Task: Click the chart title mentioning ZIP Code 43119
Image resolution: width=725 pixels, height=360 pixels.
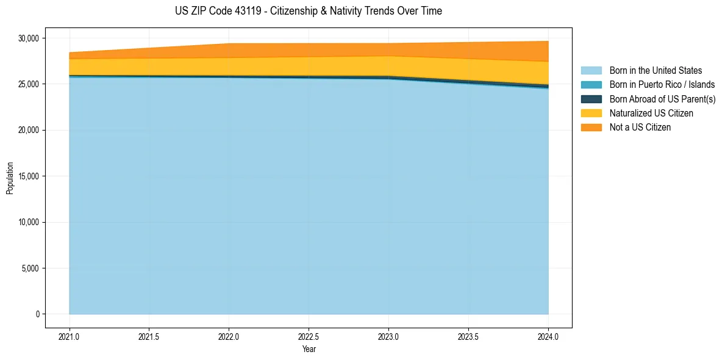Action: [308, 11]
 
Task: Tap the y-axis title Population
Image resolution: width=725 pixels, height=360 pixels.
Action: [10, 178]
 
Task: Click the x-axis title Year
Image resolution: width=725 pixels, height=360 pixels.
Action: [309, 349]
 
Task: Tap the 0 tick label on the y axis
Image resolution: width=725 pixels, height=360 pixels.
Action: [37, 314]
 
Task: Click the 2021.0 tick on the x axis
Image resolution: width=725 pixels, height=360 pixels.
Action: [69, 336]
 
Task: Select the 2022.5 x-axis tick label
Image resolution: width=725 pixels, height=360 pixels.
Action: [309, 336]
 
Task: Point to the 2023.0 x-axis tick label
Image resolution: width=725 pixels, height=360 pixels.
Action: [388, 336]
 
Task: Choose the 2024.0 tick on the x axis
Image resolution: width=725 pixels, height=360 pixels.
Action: [548, 336]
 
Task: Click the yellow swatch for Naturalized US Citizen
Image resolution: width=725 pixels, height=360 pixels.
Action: [591, 113]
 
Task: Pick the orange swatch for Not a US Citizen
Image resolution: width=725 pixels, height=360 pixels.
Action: [591, 128]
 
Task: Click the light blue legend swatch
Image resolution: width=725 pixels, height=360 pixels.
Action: [591, 71]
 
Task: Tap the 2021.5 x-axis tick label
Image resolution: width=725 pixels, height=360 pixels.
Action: [149, 336]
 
